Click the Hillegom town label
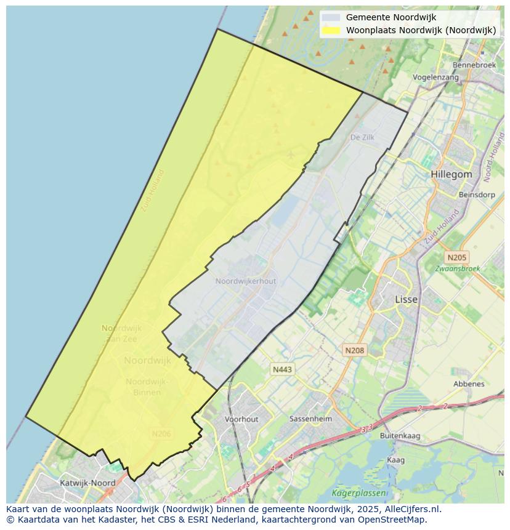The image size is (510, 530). [x=451, y=174]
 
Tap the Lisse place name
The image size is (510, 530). [x=406, y=299]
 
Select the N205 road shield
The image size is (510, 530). [x=457, y=257]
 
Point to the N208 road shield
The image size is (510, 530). [x=354, y=350]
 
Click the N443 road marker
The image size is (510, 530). [x=282, y=369]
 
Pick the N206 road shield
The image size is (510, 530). [x=161, y=434]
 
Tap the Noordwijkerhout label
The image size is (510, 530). [x=246, y=281]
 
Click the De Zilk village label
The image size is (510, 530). [x=362, y=137]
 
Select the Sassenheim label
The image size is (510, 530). [x=310, y=419]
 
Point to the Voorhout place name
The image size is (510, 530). [x=241, y=419]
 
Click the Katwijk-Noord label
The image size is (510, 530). [x=87, y=483]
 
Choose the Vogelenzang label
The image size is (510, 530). [x=435, y=78]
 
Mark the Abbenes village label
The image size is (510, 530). [x=468, y=383]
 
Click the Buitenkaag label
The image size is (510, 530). [x=400, y=435]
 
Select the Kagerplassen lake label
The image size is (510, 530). [x=359, y=492]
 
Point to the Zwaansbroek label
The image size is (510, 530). [x=457, y=269]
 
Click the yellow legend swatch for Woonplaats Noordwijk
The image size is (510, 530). [x=331, y=30]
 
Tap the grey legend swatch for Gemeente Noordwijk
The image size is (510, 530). [x=331, y=18]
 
